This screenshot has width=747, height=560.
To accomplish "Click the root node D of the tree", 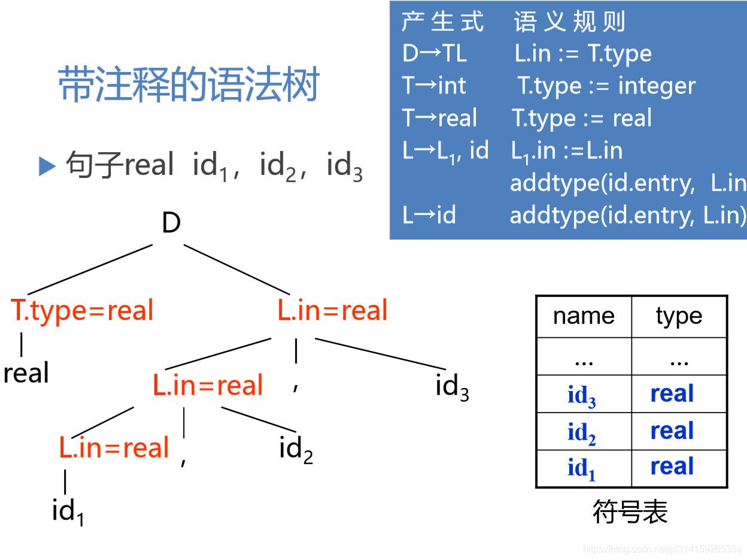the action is pos(171,224).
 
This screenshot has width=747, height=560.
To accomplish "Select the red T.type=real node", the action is pos(82,310).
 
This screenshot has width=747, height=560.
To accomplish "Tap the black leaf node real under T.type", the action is pos(26,373).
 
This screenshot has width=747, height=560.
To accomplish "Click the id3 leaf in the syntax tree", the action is pos(452,387).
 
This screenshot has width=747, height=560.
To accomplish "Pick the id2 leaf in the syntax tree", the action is pos(296,449).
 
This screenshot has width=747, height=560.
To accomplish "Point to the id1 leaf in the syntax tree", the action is pos(68,512).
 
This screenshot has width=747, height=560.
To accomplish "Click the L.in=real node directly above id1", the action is pos(114,448).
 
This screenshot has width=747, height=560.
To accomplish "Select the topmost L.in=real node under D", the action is pos(332,310).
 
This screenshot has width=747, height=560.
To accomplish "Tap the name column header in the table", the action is pos(584,316).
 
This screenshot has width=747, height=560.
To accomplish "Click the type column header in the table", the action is pos(679,316).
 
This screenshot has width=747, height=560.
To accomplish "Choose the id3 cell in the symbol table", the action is pos(582,395).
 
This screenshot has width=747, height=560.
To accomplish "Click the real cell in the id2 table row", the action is pos(672,431).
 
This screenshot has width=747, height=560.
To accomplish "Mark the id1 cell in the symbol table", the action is pos(582,468).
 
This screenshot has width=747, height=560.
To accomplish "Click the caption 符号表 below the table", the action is pos(630,512).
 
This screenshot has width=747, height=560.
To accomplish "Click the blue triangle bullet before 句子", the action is pos(47,166).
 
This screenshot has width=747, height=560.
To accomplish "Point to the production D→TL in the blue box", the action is pos(435,54).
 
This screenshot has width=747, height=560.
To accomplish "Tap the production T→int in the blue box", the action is pos(434,86).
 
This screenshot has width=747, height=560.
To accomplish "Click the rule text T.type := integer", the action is pos(606,86).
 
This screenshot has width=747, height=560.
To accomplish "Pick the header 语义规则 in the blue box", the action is pos(569,22).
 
